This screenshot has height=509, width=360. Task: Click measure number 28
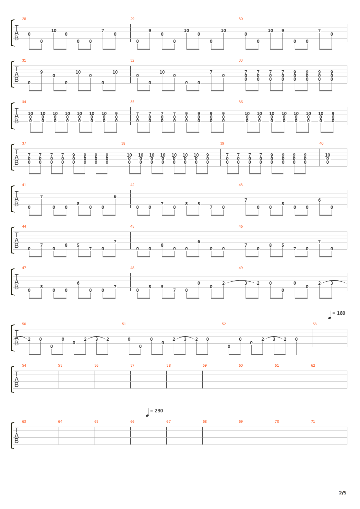click(24, 19)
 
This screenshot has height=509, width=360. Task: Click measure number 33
click(241, 60)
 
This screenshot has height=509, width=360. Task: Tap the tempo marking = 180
click(337, 314)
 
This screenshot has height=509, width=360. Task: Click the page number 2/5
click(342, 493)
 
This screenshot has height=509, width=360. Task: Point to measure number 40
click(321, 143)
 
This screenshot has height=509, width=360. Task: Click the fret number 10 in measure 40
click(328, 155)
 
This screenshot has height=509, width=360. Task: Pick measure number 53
click(315, 324)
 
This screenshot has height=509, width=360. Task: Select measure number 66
click(132, 422)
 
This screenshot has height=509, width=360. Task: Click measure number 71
click(313, 422)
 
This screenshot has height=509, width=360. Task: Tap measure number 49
click(241, 268)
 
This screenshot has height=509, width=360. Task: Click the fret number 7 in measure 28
click(103, 30)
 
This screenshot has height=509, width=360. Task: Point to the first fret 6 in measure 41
click(115, 196)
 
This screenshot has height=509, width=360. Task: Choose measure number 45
click(132, 227)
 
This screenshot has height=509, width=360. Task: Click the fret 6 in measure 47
click(78, 283)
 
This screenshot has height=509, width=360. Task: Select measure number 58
click(168, 366)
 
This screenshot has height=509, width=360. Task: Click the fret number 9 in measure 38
click(208, 155)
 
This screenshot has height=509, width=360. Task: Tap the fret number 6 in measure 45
click(199, 242)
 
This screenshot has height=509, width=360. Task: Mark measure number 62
click(313, 366)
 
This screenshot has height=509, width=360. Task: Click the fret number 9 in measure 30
click(283, 30)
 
